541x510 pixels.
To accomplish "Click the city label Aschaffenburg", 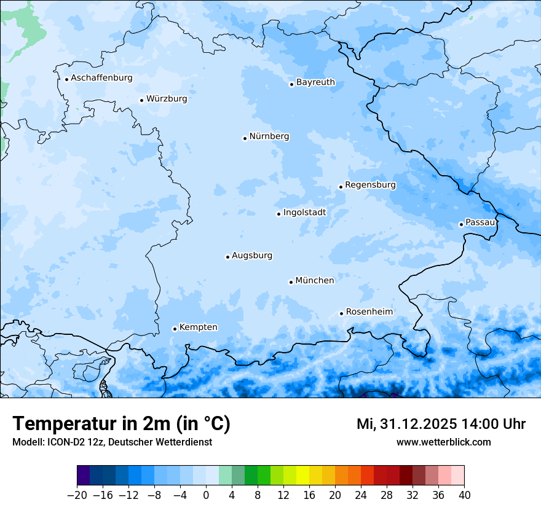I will click(101, 78).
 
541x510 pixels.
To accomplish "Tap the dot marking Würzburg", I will click(141, 100).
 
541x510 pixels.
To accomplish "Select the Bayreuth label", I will click(315, 82).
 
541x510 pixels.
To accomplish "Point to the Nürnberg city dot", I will click(245, 138).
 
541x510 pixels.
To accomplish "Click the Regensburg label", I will click(370, 185).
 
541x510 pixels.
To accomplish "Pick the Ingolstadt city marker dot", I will click(278, 214).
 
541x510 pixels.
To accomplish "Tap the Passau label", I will click(480, 222).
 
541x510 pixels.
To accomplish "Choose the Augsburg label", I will click(251, 256).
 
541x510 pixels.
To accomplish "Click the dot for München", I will click(291, 282).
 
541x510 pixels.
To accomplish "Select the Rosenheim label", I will click(369, 312).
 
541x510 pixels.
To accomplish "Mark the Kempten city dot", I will click(175, 329).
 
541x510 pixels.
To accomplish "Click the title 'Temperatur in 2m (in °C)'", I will click(121, 424).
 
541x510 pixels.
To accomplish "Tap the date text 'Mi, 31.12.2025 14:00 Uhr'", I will click(441, 424).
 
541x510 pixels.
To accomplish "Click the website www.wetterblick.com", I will click(443, 442).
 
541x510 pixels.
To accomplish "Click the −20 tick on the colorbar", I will click(77, 495).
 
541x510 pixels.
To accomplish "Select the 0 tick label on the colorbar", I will click(206, 495).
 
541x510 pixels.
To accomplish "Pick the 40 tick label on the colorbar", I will click(464, 495).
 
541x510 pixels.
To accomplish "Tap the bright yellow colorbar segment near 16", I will click(302, 476).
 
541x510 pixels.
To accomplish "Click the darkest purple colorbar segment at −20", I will click(84, 476).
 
